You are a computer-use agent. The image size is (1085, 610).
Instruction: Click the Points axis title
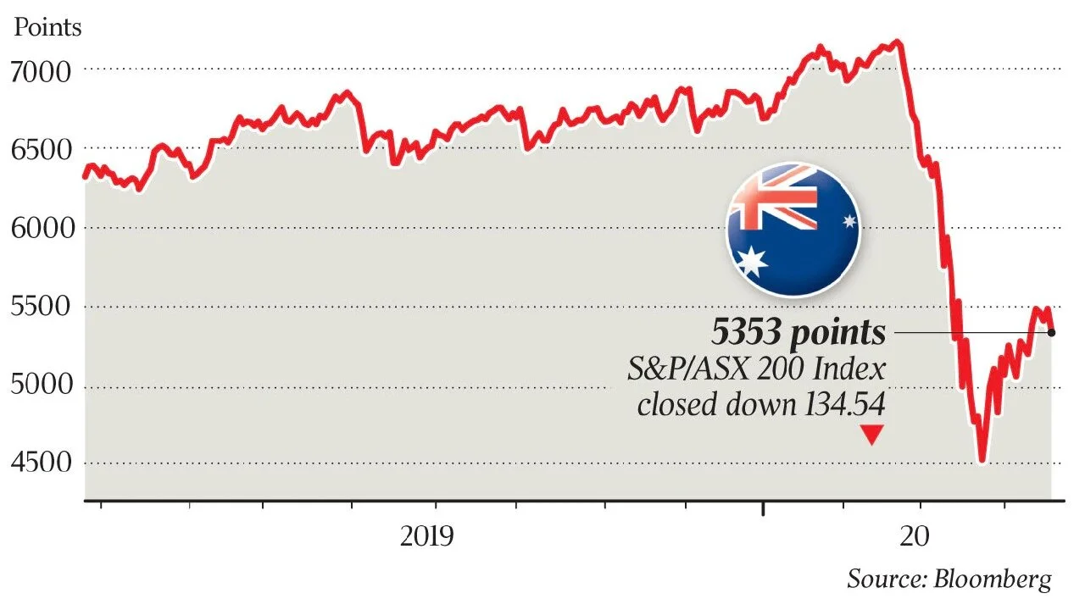[48, 27]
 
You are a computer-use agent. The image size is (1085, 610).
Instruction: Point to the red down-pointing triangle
[871, 435]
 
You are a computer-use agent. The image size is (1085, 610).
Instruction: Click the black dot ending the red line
[1051, 332]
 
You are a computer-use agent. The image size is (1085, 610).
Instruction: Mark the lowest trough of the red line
[982, 461]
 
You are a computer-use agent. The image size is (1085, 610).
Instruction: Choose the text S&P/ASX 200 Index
[756, 370]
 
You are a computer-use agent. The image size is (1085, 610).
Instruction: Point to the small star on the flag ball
[849, 222]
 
